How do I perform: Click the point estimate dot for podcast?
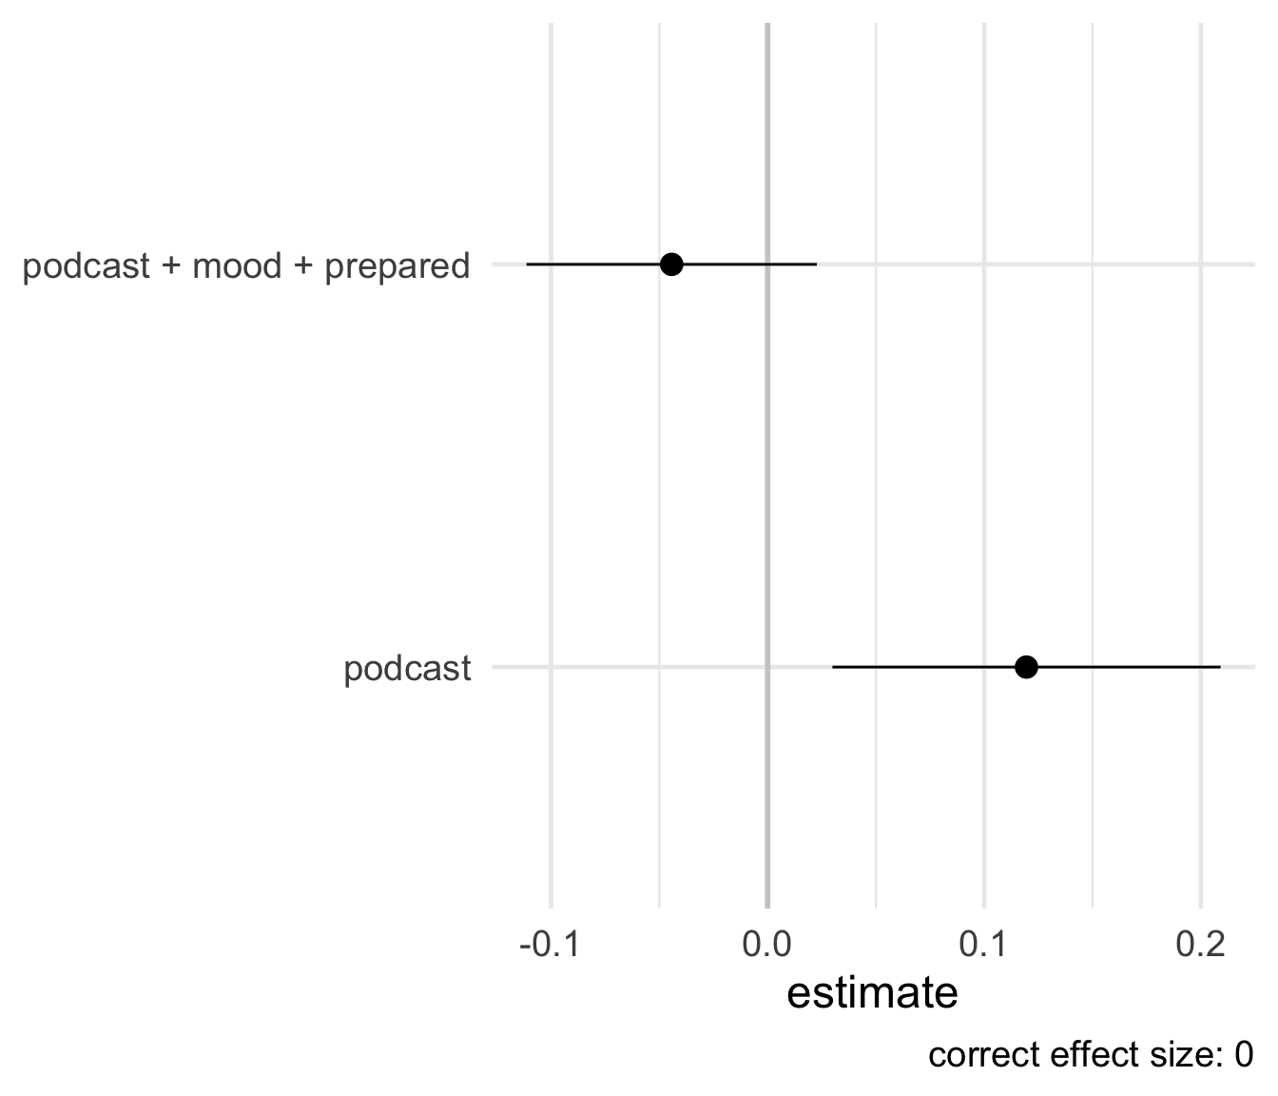tap(1026, 667)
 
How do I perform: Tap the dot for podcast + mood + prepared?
tap(671, 264)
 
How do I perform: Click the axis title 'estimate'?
tap(872, 993)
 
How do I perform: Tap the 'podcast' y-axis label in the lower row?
tap(407, 669)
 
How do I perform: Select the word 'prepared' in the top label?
tap(397, 266)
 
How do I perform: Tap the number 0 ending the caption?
tap(1243, 1055)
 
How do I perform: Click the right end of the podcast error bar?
tap(1220, 667)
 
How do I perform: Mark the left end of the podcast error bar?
tap(832, 667)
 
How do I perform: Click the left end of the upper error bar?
tap(526, 264)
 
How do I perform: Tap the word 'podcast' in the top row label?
tap(86, 265)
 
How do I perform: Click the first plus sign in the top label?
tap(171, 266)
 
